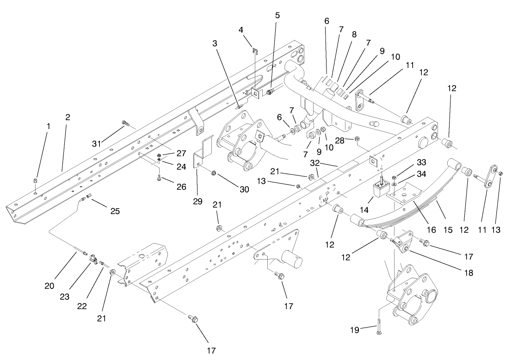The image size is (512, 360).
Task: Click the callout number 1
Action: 48,125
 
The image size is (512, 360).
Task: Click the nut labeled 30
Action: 214,173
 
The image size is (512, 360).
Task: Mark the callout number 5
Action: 277,15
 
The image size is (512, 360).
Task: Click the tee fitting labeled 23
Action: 93,261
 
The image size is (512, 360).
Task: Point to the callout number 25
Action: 115,211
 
